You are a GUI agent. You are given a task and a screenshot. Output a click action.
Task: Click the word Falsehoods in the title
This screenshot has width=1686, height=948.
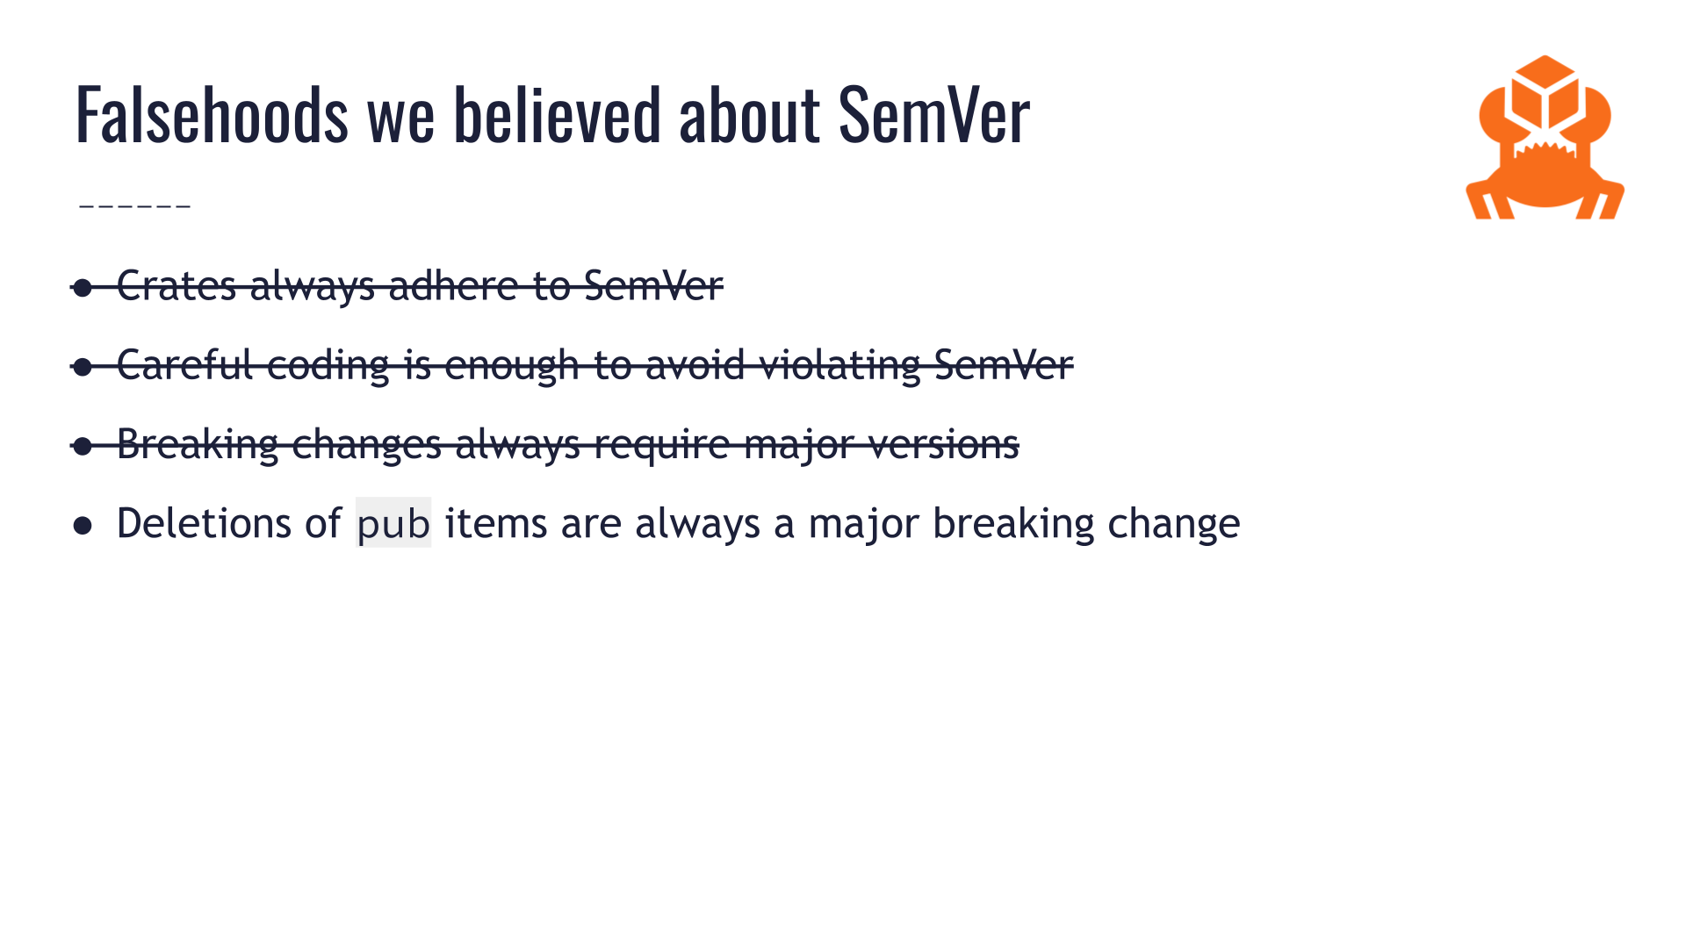point(212,114)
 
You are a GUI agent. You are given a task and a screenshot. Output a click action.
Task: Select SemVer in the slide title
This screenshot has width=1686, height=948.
point(933,114)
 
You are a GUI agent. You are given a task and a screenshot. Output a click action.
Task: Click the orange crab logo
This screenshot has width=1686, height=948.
point(1545,140)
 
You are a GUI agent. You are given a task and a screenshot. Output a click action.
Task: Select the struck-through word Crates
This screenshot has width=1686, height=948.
point(176,285)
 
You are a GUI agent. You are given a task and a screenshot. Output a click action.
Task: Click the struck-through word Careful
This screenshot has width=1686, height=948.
point(184,364)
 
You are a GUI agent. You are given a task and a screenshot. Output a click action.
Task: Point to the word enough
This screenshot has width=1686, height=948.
point(511,364)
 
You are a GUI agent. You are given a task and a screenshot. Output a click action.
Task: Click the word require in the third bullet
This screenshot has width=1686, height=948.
point(661,443)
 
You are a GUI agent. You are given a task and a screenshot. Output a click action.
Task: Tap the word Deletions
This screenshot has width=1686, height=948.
point(228,523)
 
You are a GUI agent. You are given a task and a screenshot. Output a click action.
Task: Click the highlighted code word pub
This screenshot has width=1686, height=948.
point(393,524)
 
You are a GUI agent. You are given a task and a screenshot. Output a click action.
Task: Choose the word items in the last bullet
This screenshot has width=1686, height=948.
point(495,523)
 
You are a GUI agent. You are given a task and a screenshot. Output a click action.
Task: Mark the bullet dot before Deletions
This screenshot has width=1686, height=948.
point(83,526)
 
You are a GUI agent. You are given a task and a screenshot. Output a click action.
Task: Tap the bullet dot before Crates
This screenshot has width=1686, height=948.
point(83,288)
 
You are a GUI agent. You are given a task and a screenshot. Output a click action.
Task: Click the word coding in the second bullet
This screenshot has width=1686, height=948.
point(328,364)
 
